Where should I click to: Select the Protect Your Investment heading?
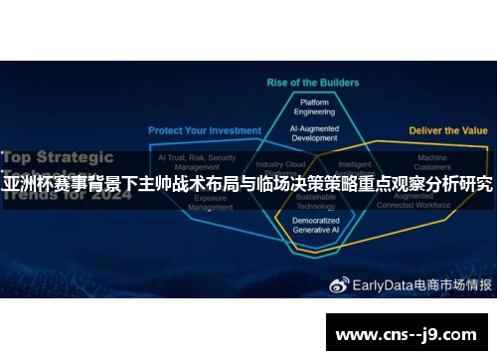click(205, 130)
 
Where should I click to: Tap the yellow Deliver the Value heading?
click(447, 130)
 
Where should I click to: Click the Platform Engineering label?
click(315, 107)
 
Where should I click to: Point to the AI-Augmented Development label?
click(315, 133)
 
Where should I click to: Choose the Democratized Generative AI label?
click(315, 225)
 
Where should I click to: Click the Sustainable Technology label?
click(315, 203)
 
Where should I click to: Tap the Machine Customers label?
click(431, 162)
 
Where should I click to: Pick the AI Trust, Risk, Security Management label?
click(197, 162)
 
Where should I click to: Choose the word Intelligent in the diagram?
click(354, 164)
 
